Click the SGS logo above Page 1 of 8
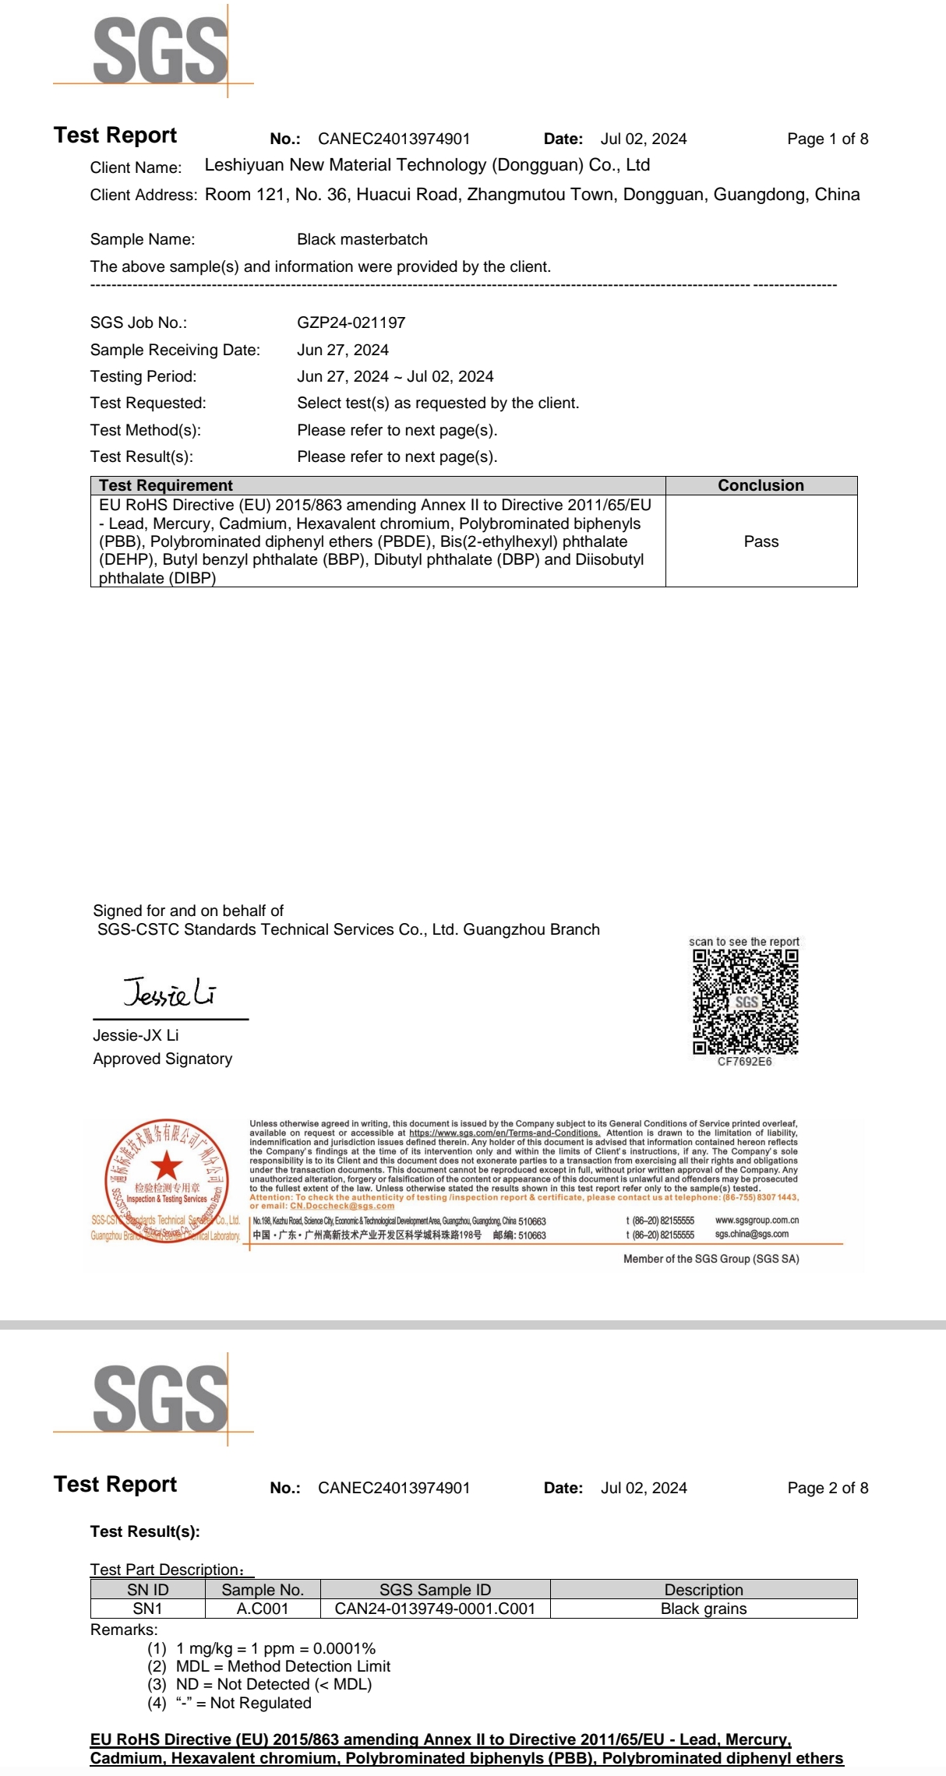[x=160, y=51]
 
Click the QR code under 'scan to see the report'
[x=745, y=1002]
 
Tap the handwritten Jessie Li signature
[x=169, y=992]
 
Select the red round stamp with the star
[x=166, y=1181]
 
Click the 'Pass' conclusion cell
[x=761, y=541]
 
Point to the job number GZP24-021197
[x=351, y=322]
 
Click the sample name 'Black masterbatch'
[x=362, y=239]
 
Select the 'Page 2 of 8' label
[x=827, y=1488]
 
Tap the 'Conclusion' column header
[x=761, y=485]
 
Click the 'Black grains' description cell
[x=703, y=1609]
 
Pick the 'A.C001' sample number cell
[x=263, y=1609]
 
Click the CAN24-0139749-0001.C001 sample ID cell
[x=435, y=1609]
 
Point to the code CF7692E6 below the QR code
[x=744, y=1062]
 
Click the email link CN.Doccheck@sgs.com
[x=342, y=1206]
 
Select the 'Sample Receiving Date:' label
[x=175, y=350]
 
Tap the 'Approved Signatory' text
[x=162, y=1059]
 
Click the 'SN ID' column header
[x=147, y=1590]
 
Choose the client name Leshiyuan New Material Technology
[x=426, y=165]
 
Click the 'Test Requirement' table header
[x=165, y=485]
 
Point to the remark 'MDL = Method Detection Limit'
[x=283, y=1666]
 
